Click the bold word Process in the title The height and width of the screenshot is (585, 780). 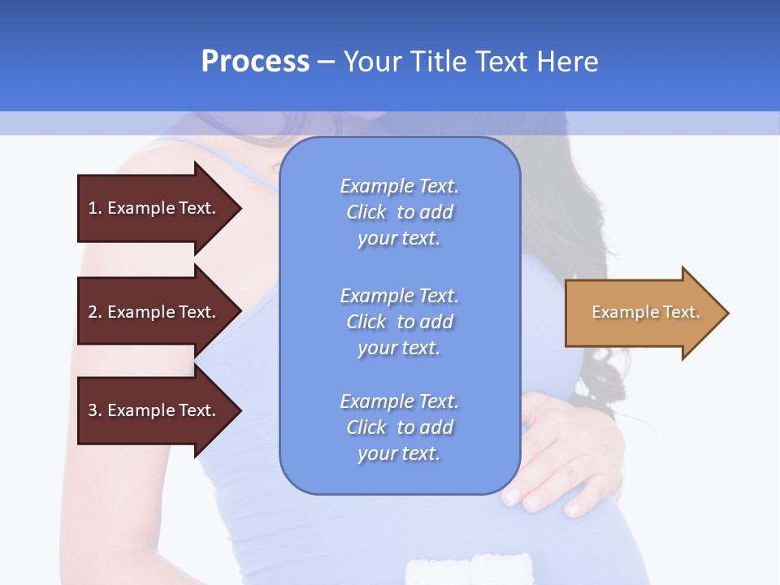click(x=255, y=62)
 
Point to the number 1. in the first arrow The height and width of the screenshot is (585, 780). click(x=95, y=208)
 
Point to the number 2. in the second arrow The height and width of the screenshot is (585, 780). click(x=95, y=312)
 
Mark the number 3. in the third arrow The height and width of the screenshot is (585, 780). click(x=95, y=410)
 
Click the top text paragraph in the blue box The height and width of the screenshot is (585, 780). click(x=399, y=212)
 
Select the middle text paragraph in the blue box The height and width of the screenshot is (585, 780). click(x=399, y=322)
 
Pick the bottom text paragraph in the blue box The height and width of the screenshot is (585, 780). click(x=399, y=427)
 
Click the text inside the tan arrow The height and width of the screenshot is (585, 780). click(x=645, y=312)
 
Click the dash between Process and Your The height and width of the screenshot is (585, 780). click(x=326, y=62)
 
